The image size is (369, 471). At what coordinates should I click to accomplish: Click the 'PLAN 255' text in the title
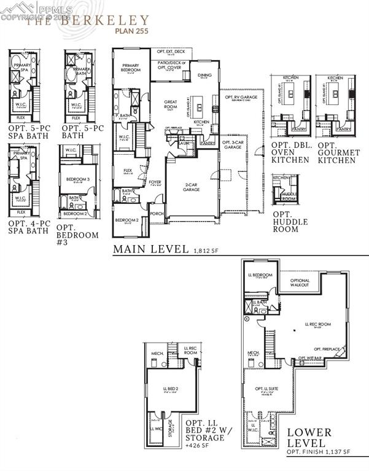click(132, 29)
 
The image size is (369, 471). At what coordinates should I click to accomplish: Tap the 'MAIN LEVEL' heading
click(150, 249)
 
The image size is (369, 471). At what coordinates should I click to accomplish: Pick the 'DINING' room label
click(204, 76)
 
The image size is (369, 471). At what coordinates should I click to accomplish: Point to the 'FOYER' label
click(155, 182)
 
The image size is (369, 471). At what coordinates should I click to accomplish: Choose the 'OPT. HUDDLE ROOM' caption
click(286, 221)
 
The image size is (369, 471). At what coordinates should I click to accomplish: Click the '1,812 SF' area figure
click(206, 251)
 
